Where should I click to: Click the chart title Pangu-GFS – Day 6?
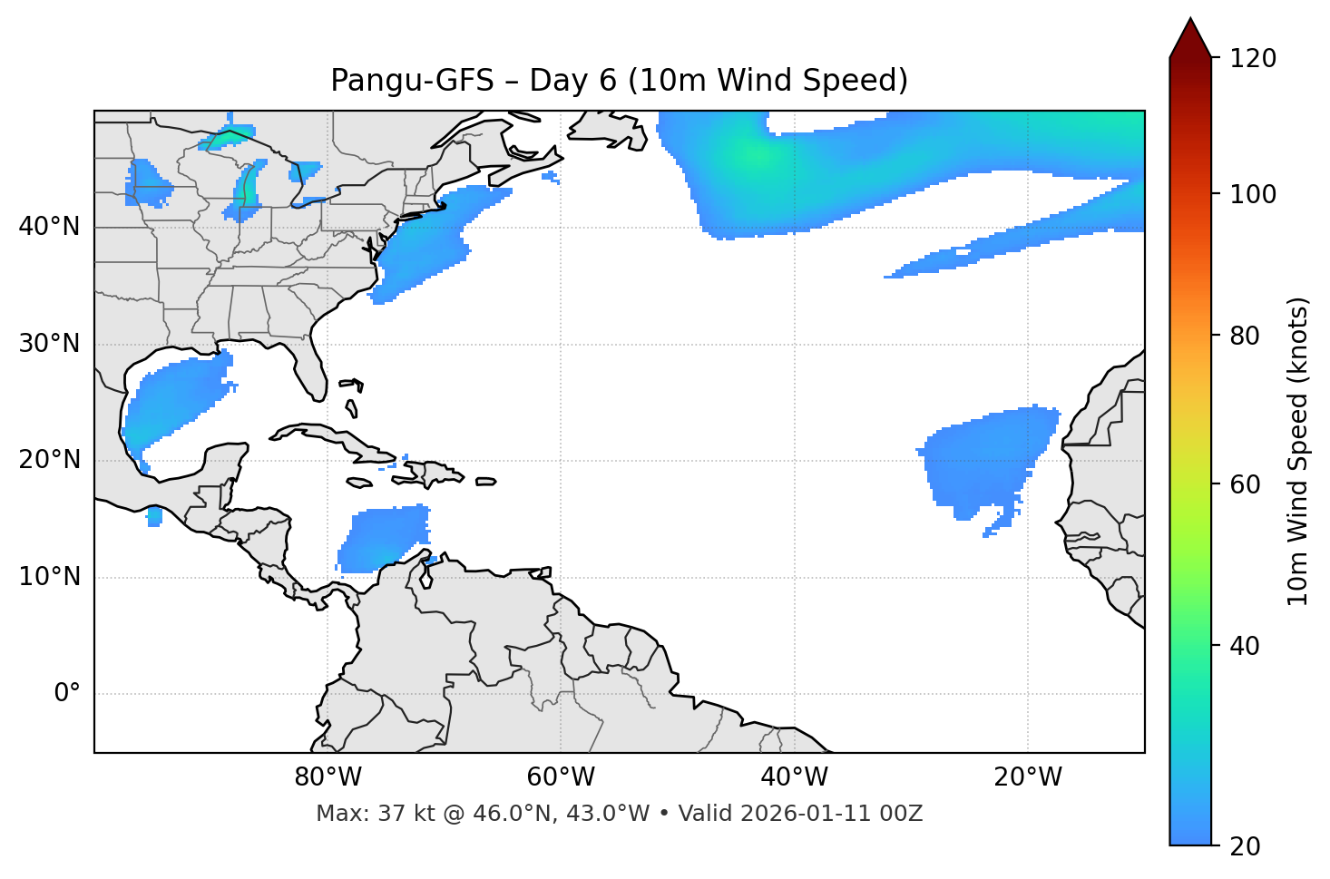pyautogui.click(x=619, y=81)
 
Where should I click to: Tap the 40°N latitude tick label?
pyautogui.click(x=49, y=227)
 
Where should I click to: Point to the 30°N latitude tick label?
pyautogui.click(x=49, y=344)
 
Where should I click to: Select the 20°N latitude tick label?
pyautogui.click(x=49, y=460)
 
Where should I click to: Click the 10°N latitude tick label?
pyautogui.click(x=49, y=577)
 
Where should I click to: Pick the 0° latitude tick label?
pyautogui.click(x=67, y=694)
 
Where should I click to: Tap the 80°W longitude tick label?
pyautogui.click(x=328, y=777)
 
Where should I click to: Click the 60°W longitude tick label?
pyautogui.click(x=561, y=777)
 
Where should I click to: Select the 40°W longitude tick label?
pyautogui.click(x=794, y=777)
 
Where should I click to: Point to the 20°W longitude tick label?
pyautogui.click(x=1027, y=777)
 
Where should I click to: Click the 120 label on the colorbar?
pyautogui.click(x=1253, y=58)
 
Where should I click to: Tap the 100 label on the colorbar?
pyautogui.click(x=1253, y=194)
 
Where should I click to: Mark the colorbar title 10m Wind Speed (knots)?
pyautogui.click(x=1298, y=451)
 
